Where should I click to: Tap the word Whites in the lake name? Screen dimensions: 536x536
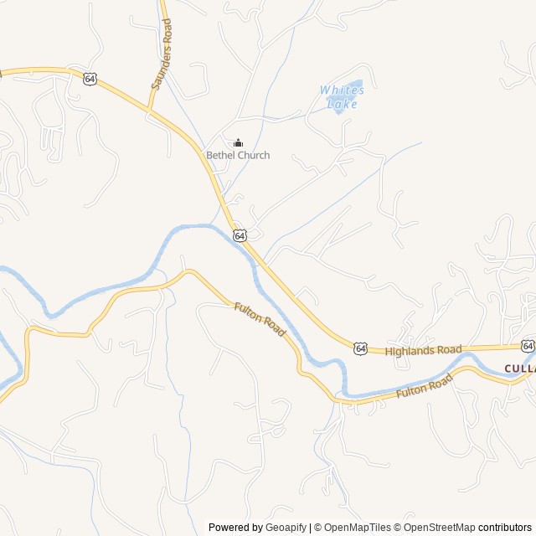point(342,90)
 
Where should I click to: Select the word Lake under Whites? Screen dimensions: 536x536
point(342,104)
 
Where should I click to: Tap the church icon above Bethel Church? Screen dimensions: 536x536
point(238,143)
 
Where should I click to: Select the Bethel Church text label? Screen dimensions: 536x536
point(238,155)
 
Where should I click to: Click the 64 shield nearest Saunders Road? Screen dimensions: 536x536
point(90,78)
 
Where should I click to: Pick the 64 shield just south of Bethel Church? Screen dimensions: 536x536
point(240,236)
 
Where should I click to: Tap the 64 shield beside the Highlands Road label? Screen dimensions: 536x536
point(360,348)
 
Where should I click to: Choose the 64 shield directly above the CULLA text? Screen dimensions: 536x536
point(528,345)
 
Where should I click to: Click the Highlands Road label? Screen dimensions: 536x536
point(423,349)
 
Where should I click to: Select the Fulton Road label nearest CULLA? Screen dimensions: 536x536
point(424,386)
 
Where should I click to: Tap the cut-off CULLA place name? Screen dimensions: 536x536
point(519,368)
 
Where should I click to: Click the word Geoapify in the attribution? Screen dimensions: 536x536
point(286,528)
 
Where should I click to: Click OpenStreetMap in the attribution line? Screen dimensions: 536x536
point(440,528)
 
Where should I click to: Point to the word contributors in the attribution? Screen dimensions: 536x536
point(505,528)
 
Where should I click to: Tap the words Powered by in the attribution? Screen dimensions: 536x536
point(234,528)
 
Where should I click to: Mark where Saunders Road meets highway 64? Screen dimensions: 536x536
point(149,110)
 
